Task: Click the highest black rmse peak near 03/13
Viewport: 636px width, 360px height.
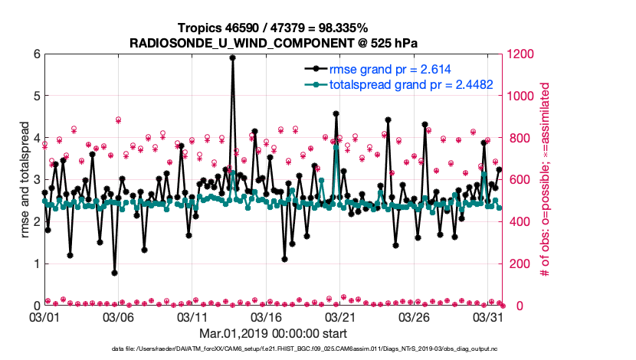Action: click(x=232, y=57)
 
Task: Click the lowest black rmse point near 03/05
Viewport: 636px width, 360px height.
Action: click(x=114, y=273)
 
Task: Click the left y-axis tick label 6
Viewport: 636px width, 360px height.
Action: click(x=37, y=54)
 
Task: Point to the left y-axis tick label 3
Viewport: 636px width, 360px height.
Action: click(x=37, y=180)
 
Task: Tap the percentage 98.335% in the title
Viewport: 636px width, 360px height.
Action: click(x=305, y=28)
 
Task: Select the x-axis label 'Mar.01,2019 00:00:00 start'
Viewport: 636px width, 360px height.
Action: click(x=273, y=333)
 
